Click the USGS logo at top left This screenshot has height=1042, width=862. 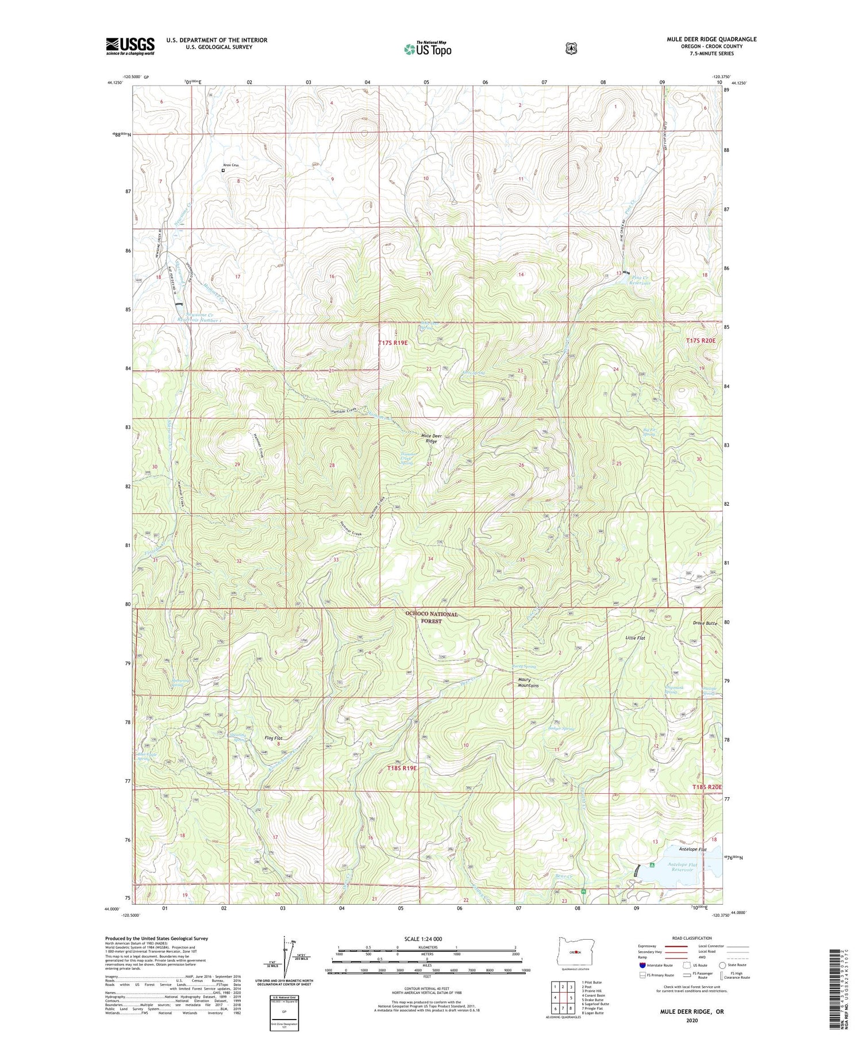point(130,46)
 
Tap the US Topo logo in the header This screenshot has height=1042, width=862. point(428,49)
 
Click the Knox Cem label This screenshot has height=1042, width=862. point(231,166)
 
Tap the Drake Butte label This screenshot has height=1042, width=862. point(705,623)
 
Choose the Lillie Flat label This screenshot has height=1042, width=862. point(636,638)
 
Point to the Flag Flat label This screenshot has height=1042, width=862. point(273,738)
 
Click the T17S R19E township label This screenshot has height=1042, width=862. point(393,343)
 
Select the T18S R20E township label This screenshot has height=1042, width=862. point(706,787)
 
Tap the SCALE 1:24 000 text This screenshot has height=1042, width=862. point(428,939)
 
